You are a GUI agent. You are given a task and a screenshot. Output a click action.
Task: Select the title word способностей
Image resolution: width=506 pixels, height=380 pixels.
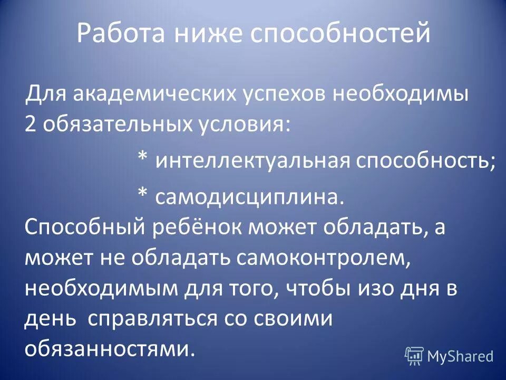(x=339, y=34)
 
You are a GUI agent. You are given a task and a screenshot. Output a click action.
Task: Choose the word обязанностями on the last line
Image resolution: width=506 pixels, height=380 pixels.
(x=106, y=349)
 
